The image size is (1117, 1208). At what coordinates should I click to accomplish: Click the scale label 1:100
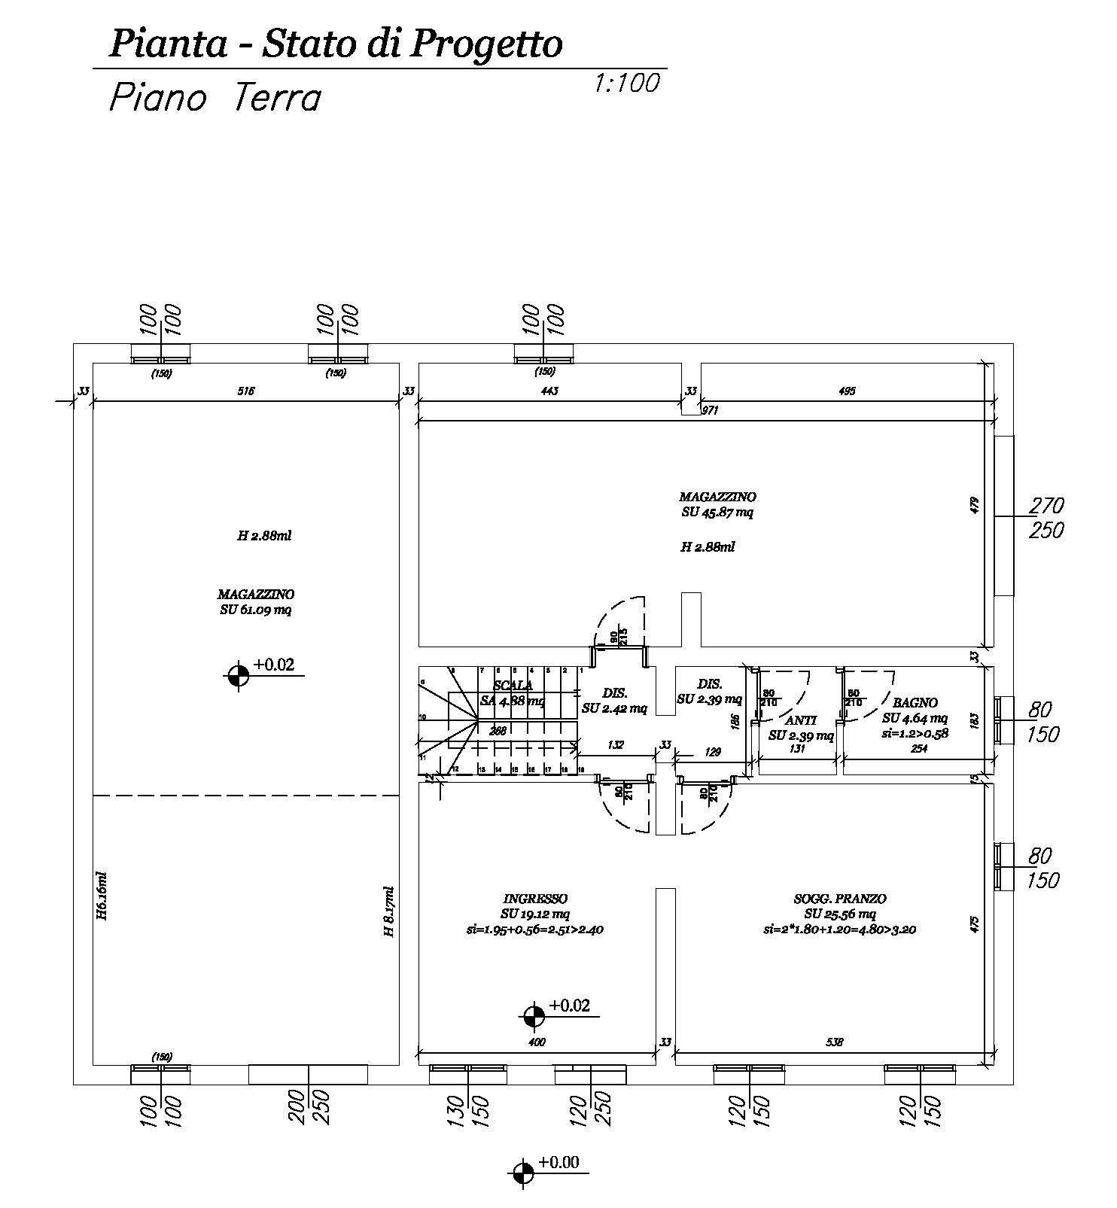(x=626, y=82)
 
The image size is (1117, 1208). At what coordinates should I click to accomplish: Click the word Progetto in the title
(x=485, y=44)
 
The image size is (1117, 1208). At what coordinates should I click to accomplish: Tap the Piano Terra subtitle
(x=215, y=99)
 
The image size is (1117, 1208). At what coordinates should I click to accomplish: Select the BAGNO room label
(x=915, y=703)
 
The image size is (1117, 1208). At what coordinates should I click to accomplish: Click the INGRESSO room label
(x=534, y=899)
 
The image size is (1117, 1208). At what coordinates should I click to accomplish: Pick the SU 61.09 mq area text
(x=255, y=610)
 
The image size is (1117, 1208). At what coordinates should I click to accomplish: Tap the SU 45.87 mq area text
(x=717, y=513)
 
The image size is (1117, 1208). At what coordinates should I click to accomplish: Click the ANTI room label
(x=801, y=720)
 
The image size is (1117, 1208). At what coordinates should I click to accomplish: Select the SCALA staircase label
(x=513, y=686)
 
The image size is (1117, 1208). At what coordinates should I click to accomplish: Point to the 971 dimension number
(x=710, y=410)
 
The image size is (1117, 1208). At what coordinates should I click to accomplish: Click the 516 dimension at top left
(x=246, y=391)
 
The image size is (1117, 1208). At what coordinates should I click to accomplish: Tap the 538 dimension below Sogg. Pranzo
(x=834, y=1042)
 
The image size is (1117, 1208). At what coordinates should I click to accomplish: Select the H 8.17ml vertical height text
(x=388, y=911)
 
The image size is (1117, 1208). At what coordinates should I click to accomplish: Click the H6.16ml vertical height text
(x=102, y=896)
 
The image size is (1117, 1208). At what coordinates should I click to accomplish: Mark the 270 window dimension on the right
(x=1046, y=504)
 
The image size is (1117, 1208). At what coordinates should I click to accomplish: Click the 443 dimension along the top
(x=549, y=391)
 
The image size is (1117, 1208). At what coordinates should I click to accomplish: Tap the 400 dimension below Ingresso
(x=536, y=1042)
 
